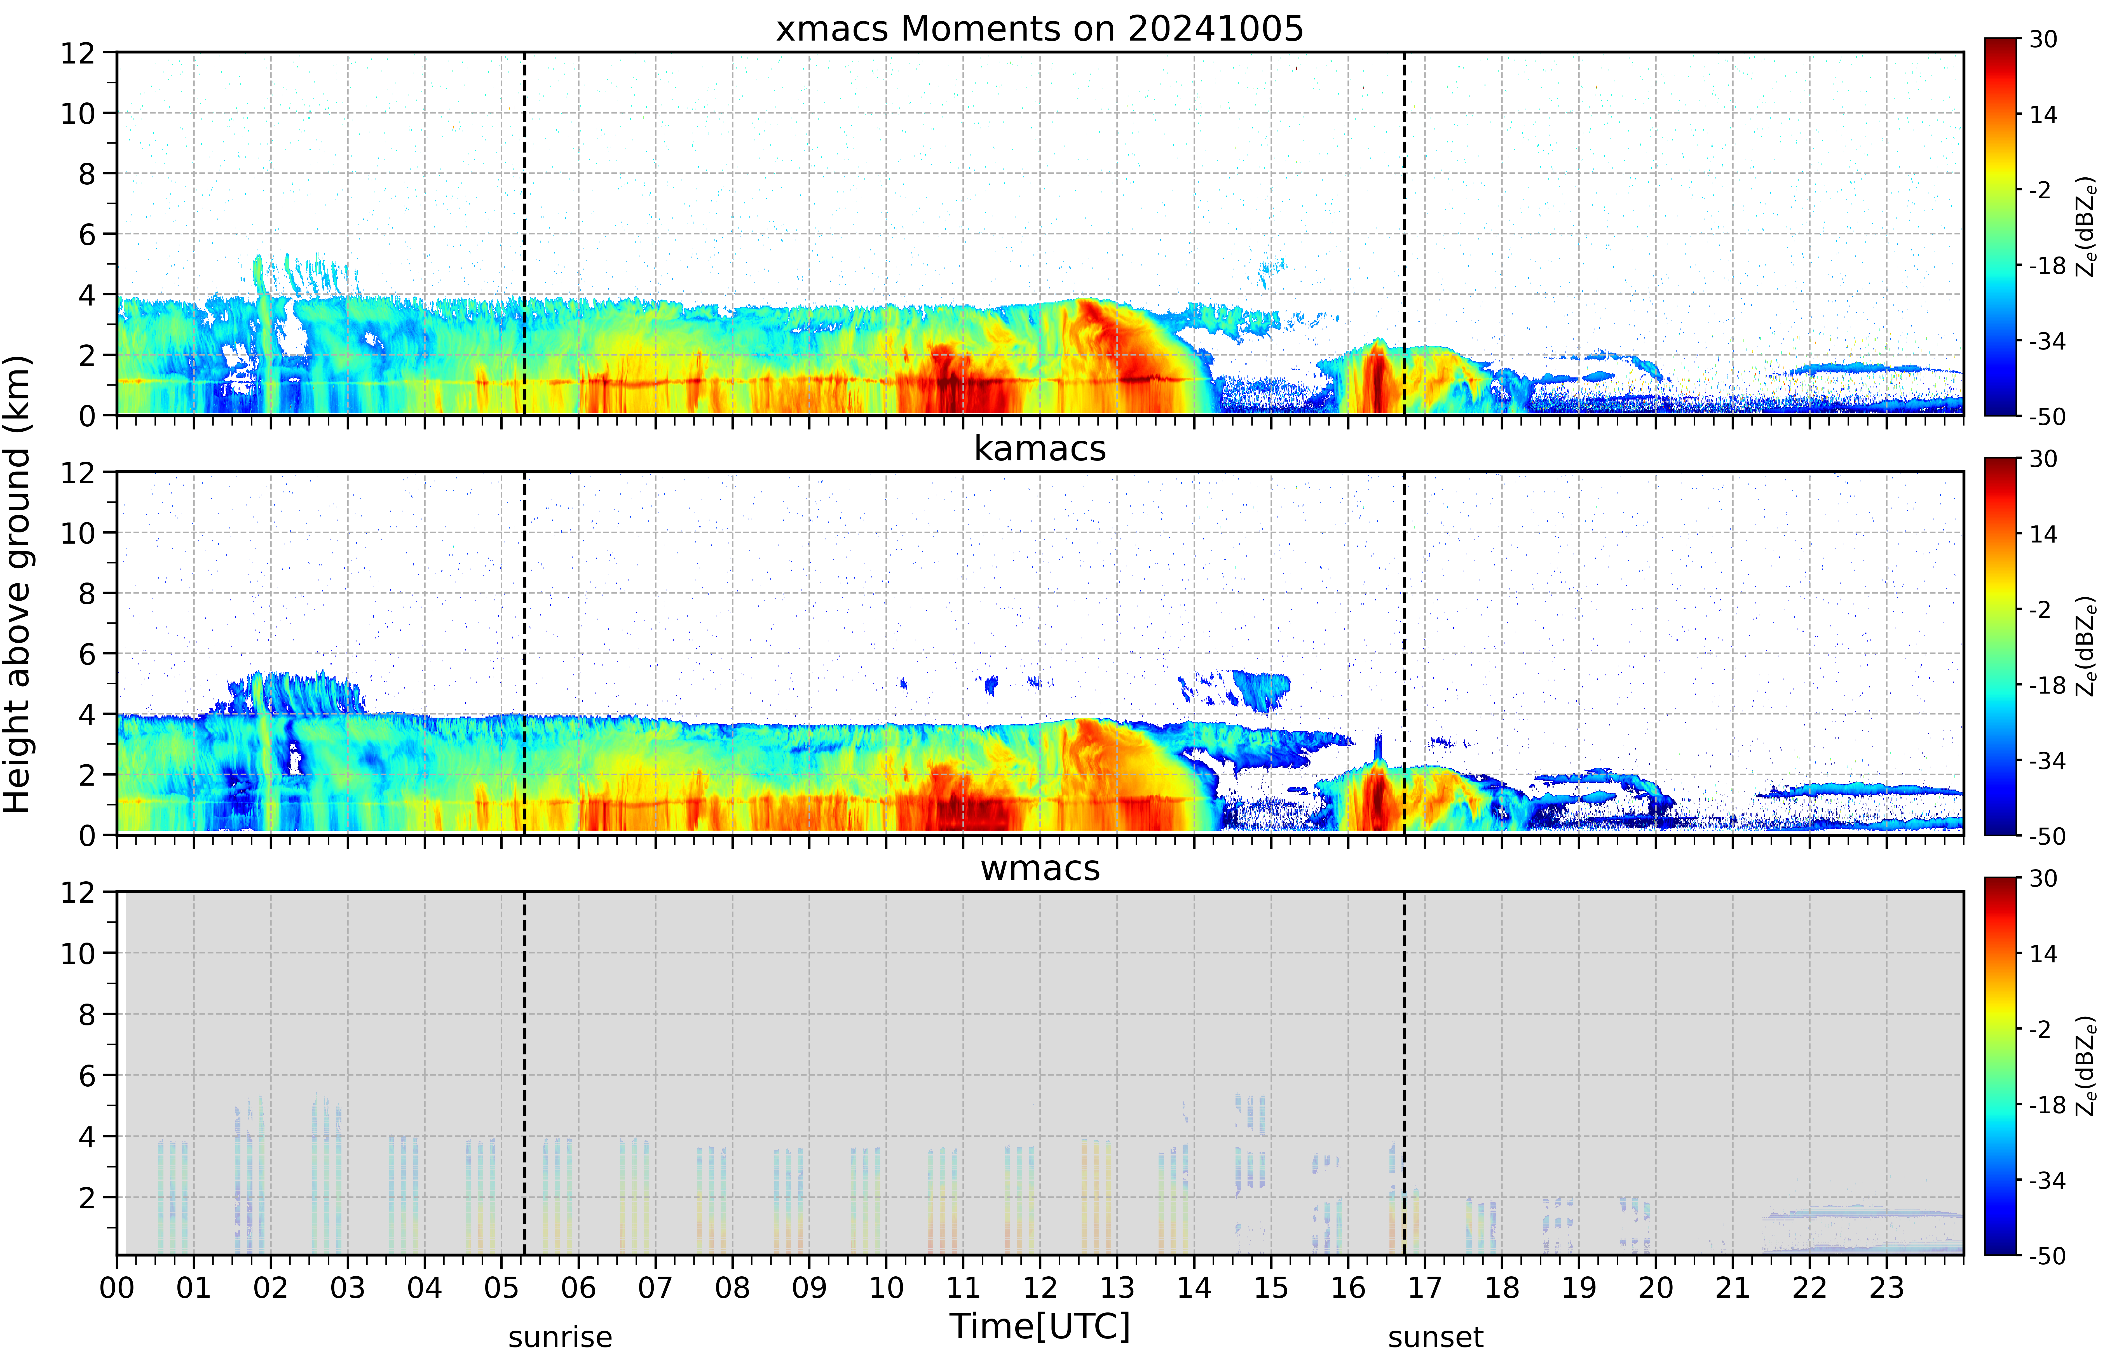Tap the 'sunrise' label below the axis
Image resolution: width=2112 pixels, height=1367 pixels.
(x=560, y=1337)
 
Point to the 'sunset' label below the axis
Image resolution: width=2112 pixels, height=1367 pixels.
(x=1435, y=1337)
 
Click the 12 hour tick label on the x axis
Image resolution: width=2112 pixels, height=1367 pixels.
(x=1040, y=1287)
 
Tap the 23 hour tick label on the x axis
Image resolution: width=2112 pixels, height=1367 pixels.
(x=1887, y=1287)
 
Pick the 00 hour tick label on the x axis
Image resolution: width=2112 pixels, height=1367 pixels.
(x=117, y=1287)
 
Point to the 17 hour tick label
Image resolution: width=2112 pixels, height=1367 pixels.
(x=1425, y=1287)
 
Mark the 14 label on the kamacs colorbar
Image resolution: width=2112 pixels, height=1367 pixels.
(x=2044, y=534)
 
